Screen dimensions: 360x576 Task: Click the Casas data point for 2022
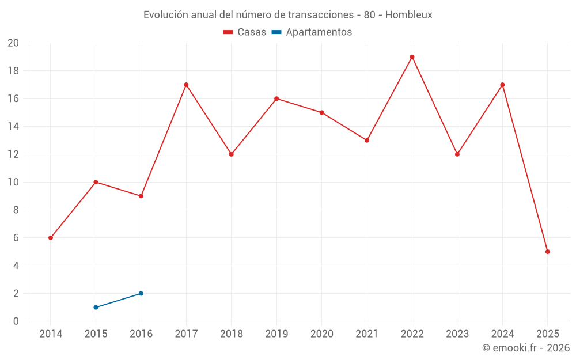[x=412, y=57]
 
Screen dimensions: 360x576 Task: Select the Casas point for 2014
[x=51, y=238]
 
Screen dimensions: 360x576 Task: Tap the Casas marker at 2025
[x=547, y=252]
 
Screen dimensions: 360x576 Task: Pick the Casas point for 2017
[x=186, y=85]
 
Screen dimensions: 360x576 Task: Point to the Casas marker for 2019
[x=276, y=98]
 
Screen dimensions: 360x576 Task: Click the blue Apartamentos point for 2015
[x=96, y=307]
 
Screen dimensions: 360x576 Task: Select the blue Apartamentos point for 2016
[x=141, y=293]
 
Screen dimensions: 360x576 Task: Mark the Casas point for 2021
[x=367, y=140]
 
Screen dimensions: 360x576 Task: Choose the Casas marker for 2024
[x=502, y=85]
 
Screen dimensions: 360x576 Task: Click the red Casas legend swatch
[x=228, y=32]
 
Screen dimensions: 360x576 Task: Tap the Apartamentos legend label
[x=319, y=32]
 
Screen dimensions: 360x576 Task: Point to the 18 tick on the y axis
[x=13, y=71]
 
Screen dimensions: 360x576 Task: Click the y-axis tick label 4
[x=16, y=266]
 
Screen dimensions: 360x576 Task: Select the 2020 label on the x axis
[x=321, y=334]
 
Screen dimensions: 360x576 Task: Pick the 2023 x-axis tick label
[x=457, y=334]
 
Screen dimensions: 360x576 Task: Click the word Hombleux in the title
[x=408, y=15]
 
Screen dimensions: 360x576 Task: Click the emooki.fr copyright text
[x=526, y=348]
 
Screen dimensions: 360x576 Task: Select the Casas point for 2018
[x=232, y=154]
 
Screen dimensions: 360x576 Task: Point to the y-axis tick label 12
[x=13, y=154]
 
